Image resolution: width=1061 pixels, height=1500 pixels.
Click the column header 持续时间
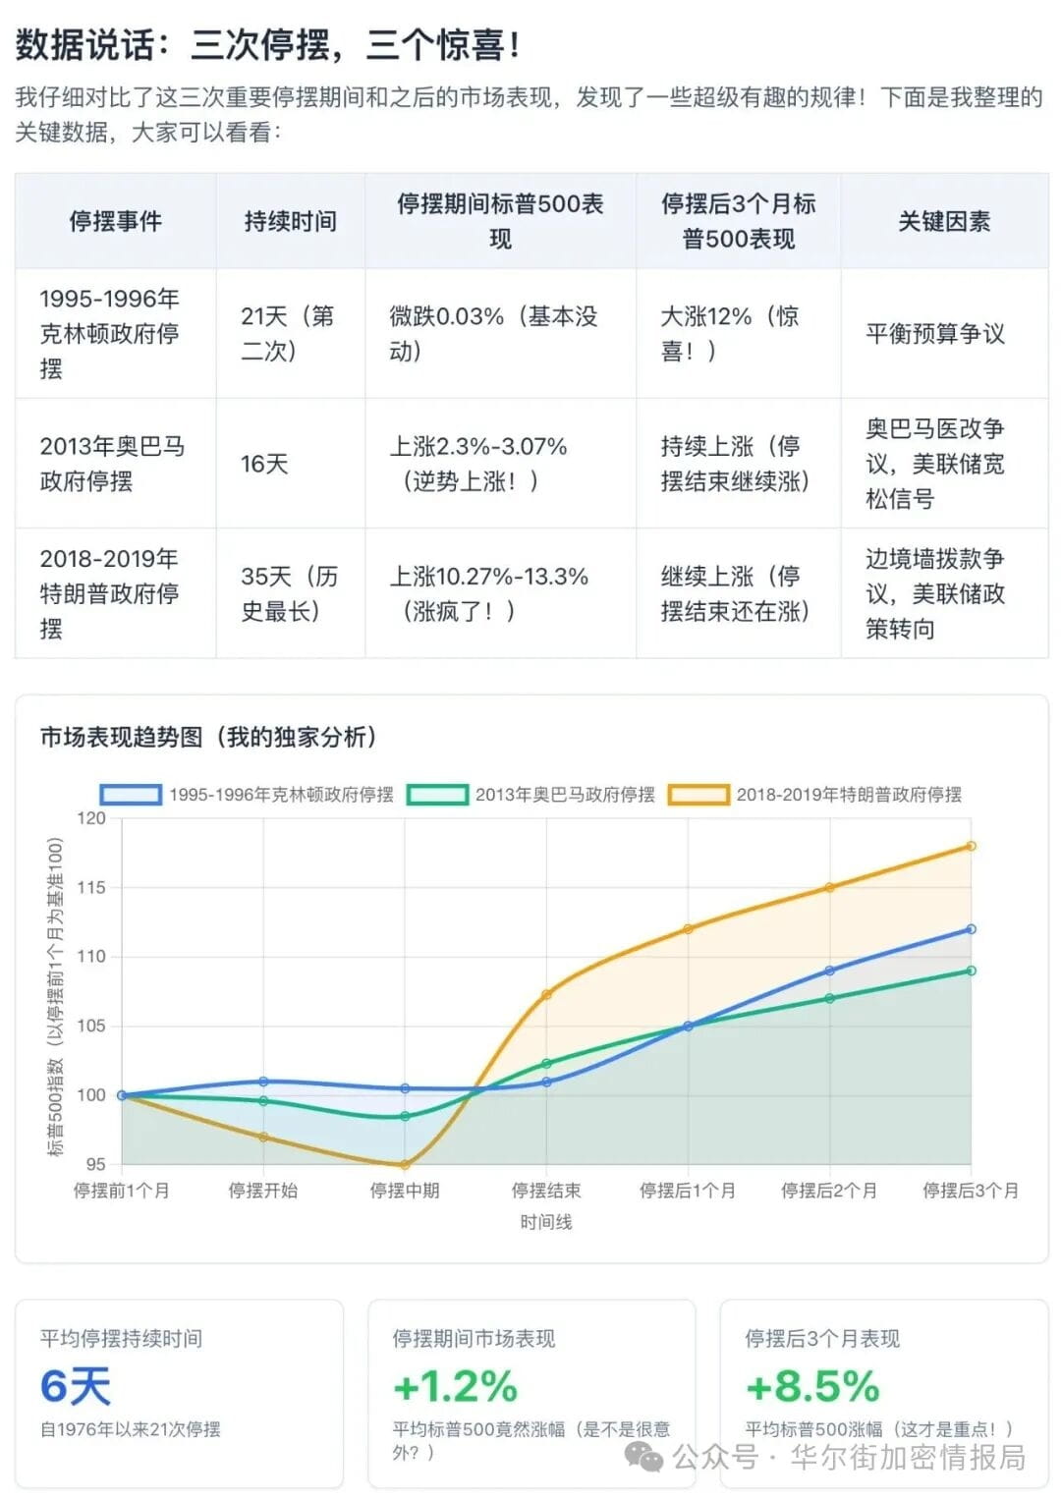point(290,222)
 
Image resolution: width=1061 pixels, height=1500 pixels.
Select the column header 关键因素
point(943,222)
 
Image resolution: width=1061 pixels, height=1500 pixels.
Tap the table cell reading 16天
point(264,464)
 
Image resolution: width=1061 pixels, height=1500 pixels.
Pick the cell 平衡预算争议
point(934,334)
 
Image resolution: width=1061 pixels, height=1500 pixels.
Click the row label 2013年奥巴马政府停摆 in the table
point(112,464)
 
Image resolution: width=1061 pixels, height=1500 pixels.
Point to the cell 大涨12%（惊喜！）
point(729,334)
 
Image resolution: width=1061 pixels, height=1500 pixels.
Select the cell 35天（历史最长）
point(289,593)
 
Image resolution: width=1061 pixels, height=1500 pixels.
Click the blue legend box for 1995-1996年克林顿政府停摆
point(131,795)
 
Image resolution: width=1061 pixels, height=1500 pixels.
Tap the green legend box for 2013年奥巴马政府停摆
point(437,795)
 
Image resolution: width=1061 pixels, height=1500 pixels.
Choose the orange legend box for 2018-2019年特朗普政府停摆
point(698,795)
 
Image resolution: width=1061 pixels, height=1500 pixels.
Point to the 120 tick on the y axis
point(91,818)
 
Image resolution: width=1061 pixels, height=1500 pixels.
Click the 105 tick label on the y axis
point(91,1026)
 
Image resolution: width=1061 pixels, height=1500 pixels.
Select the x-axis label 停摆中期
point(405,1191)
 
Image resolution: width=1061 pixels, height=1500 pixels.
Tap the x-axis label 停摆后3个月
point(970,1191)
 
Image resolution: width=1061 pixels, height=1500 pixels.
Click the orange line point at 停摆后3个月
point(971,846)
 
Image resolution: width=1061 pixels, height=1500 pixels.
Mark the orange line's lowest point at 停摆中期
point(405,1164)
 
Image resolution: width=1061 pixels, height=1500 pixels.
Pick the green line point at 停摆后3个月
point(971,971)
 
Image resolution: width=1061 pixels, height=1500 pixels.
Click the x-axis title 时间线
point(546,1222)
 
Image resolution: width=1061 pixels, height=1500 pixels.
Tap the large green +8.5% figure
point(811,1386)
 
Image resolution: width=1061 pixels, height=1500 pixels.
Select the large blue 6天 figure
point(76,1386)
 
